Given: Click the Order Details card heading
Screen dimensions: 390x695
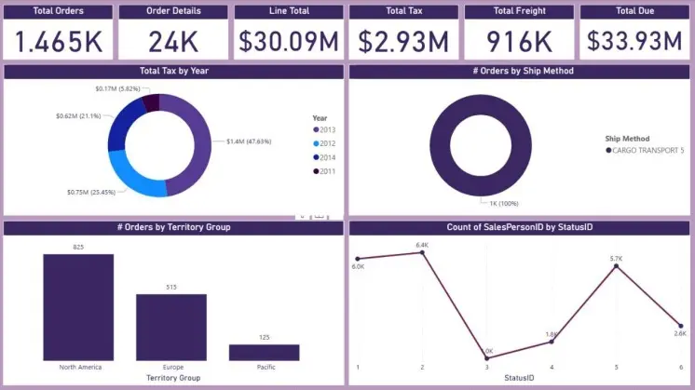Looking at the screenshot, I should (x=173, y=11).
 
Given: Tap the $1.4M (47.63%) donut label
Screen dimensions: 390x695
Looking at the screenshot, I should (x=248, y=141).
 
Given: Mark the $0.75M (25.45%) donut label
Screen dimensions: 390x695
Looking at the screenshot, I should (x=89, y=192).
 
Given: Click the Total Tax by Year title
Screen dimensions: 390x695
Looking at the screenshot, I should (x=173, y=71).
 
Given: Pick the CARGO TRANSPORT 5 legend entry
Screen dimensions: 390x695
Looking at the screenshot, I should (x=645, y=150).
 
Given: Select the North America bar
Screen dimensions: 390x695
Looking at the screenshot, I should (x=78, y=307).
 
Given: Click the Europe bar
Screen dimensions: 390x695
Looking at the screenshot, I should (x=171, y=327).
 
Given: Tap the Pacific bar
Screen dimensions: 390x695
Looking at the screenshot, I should (x=265, y=352).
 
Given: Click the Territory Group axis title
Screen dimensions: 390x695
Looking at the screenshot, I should (x=173, y=378).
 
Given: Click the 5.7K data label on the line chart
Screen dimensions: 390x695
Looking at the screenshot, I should (x=616, y=258).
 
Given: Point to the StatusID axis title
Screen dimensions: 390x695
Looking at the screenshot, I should (x=519, y=378).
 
